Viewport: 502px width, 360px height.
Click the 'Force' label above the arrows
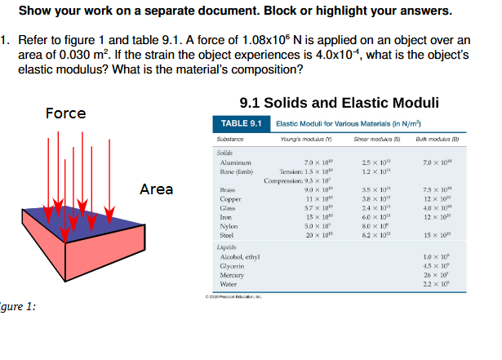[66, 113]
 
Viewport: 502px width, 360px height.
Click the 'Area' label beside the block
[156, 189]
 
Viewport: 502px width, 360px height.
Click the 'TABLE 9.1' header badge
[244, 123]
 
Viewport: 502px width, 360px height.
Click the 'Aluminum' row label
[234, 162]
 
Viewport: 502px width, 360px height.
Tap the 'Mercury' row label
[233, 275]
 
